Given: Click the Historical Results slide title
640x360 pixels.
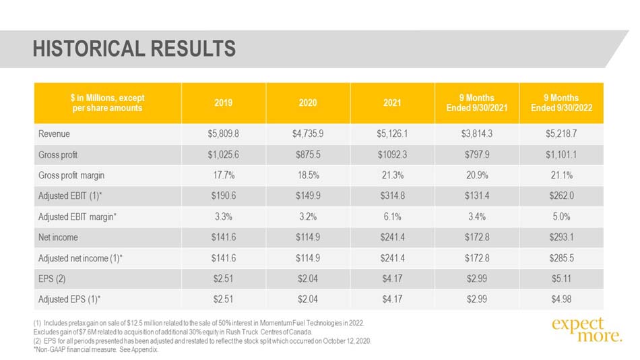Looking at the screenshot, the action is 134,49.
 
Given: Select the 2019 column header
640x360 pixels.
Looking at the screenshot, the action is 223,103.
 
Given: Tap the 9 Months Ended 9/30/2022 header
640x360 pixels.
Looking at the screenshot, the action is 561,103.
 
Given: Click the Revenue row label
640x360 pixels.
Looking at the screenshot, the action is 54,134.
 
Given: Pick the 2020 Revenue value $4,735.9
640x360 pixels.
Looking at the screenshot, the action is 308,134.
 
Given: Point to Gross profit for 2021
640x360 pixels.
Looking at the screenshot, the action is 392,155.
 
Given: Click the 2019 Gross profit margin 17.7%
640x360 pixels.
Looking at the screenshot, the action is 224,175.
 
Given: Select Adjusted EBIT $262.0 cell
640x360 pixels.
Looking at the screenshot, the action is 561,196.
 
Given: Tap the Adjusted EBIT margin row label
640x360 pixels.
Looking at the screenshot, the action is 77,217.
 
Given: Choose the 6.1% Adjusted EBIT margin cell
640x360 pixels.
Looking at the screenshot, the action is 392,216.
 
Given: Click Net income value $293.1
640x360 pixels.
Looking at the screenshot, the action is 561,237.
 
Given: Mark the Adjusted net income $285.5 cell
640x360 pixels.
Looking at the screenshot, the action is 561,258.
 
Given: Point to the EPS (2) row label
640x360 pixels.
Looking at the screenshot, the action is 52,279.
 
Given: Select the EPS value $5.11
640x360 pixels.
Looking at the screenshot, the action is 561,279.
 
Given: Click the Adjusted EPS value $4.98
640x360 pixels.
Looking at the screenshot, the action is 561,299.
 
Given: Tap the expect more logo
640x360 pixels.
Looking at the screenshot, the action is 587,330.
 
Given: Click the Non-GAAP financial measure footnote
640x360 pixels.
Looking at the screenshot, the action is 96,350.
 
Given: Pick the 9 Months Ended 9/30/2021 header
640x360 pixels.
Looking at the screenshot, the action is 477,103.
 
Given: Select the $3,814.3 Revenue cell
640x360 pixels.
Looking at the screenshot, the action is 477,134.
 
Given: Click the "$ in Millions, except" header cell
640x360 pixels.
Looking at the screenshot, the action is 107,103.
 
